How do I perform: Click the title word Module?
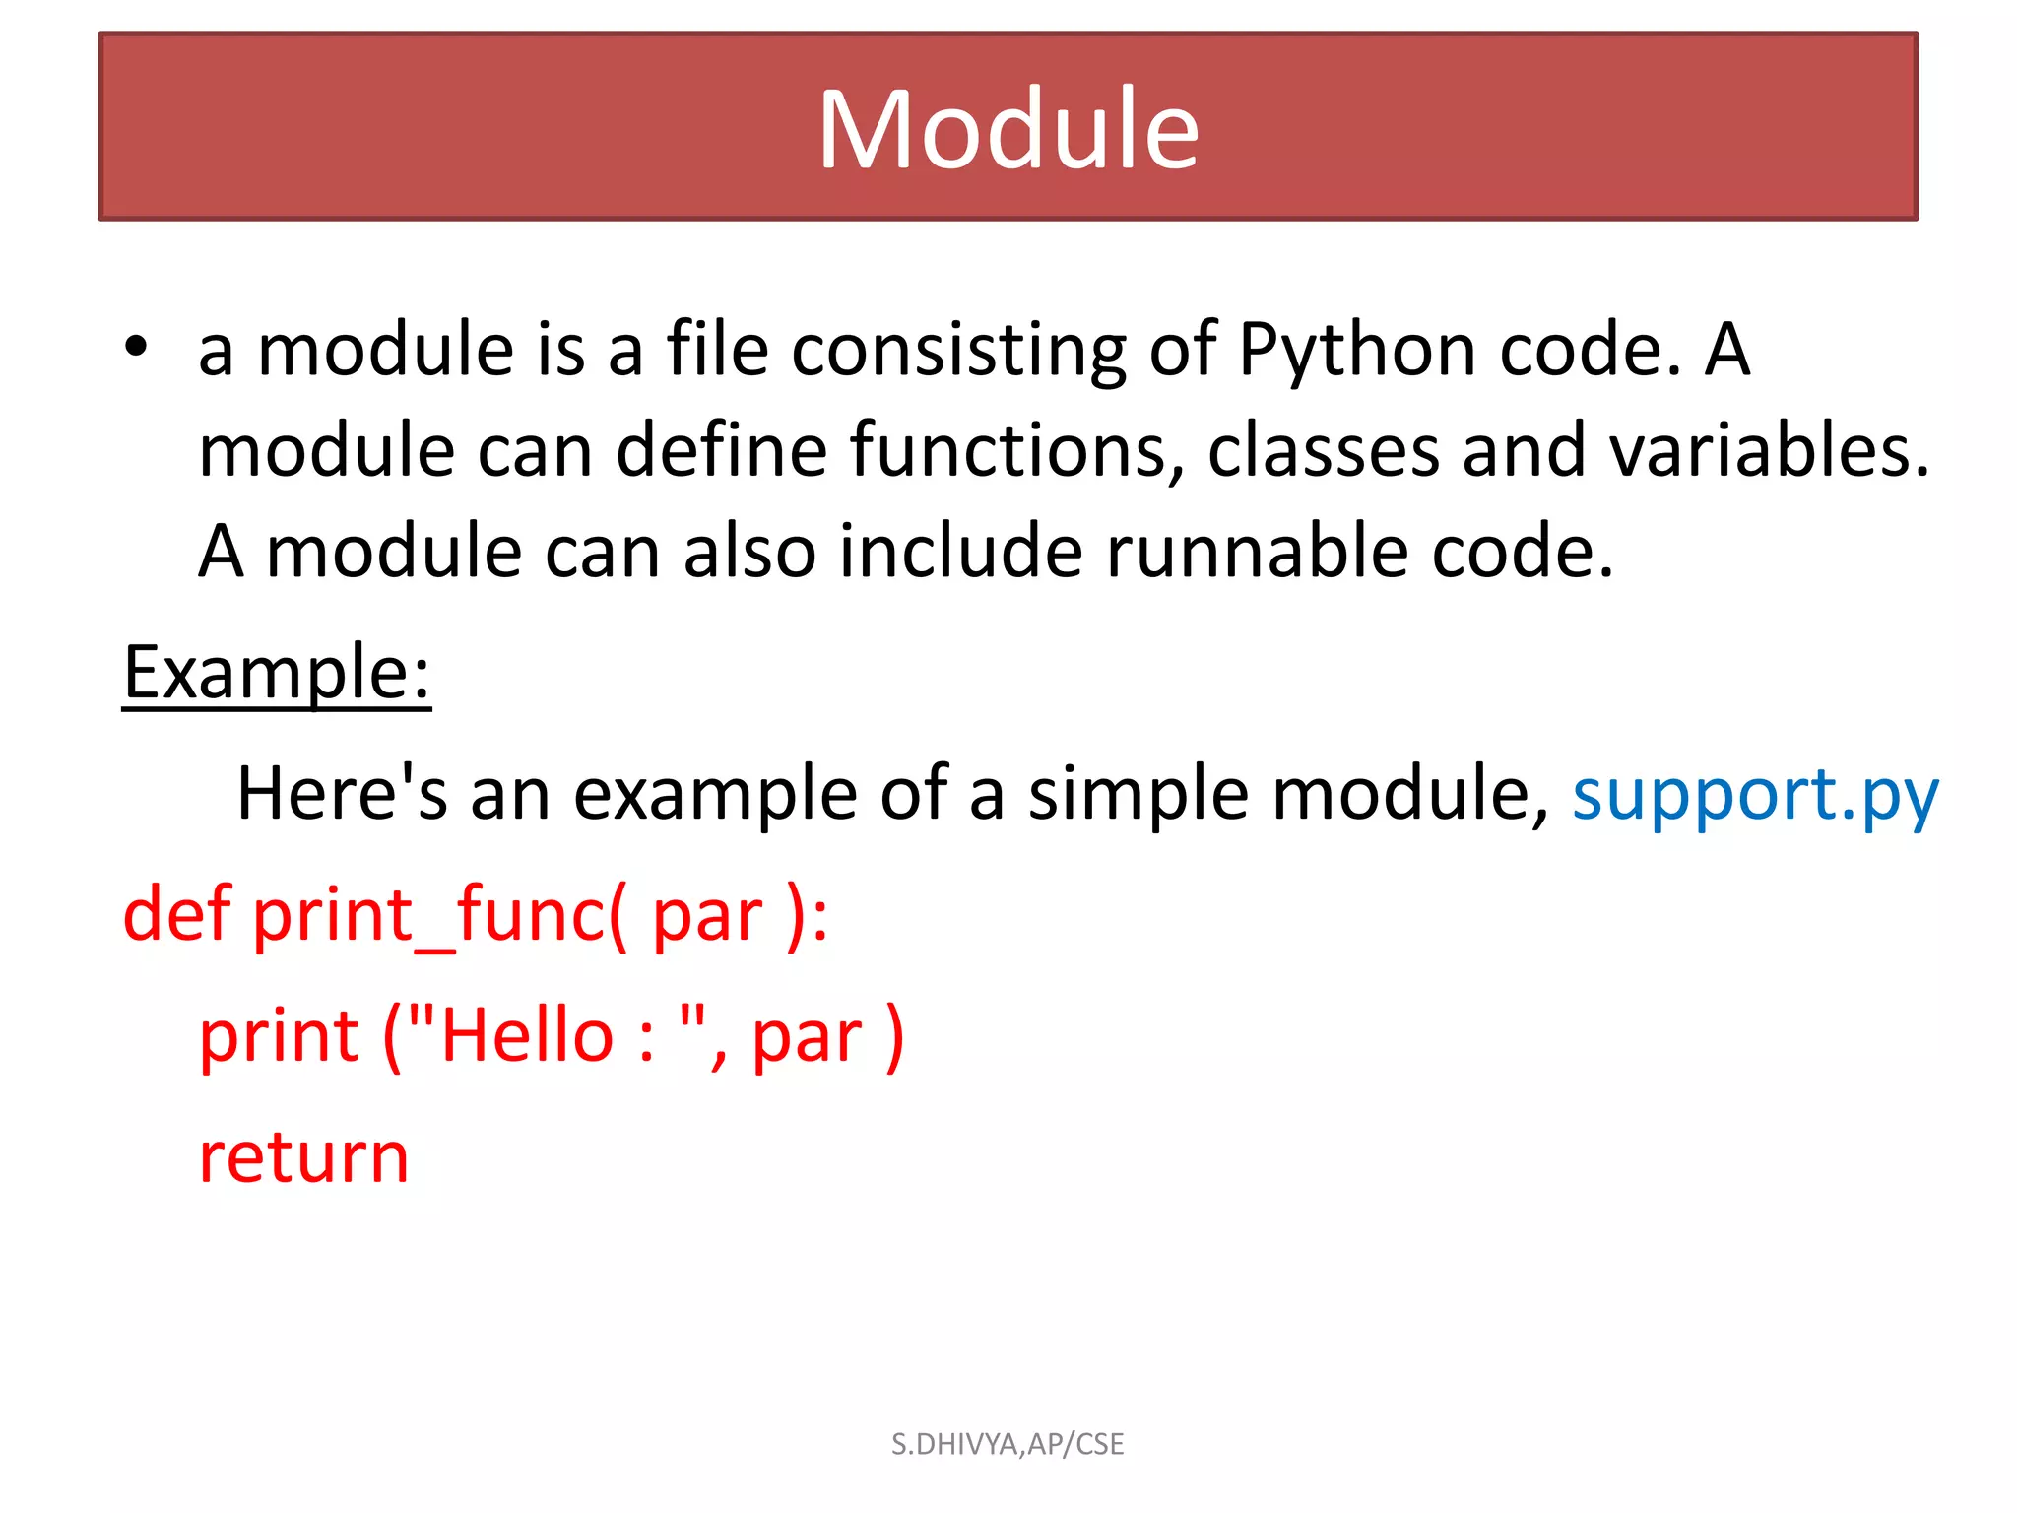coord(1008,130)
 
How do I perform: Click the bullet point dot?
coord(136,347)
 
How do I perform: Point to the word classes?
coord(1323,451)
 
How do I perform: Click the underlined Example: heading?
coord(277,673)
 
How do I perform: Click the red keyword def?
coord(176,914)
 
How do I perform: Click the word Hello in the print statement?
coord(528,1036)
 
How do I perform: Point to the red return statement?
coord(303,1157)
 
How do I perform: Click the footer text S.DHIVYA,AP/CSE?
coord(1008,1444)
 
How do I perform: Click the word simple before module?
coord(1138,794)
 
